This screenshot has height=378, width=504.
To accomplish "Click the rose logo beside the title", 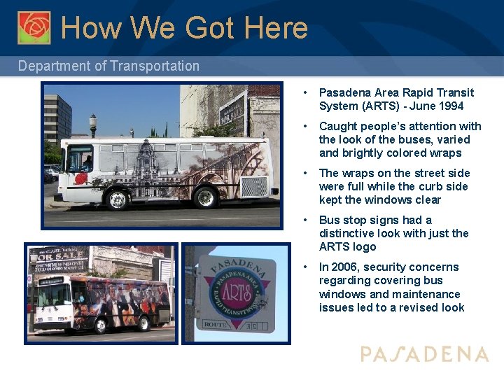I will click(34, 27).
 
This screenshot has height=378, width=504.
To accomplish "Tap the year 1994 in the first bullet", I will click(451, 106).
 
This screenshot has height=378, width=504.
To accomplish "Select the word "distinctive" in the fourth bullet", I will click(348, 233).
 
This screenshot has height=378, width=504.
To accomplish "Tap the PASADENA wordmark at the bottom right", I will click(424, 354).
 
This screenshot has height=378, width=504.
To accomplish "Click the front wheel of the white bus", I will click(117, 199).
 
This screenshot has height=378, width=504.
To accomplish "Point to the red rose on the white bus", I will click(81, 177).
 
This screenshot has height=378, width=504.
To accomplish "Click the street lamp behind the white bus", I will click(93, 125).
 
